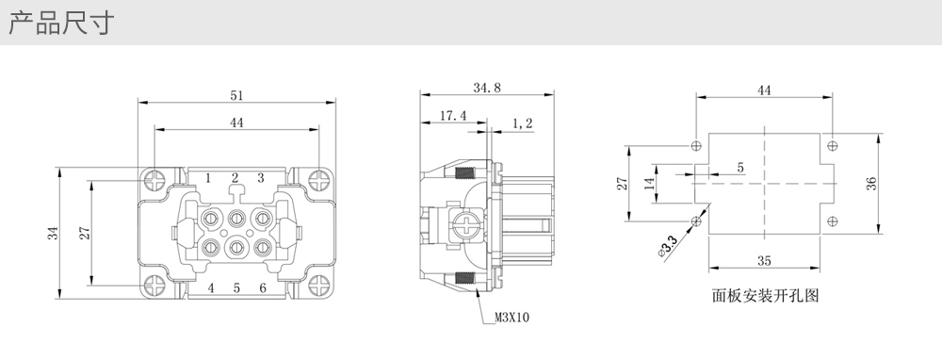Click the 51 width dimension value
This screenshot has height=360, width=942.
point(236,95)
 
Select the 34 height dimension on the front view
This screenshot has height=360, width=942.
point(54,233)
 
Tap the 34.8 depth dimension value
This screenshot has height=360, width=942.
point(487,87)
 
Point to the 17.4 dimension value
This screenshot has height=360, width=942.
point(453,115)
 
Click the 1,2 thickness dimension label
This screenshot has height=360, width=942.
point(522,123)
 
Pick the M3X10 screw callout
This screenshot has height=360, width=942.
point(512,317)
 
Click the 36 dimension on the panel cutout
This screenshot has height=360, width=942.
point(871,184)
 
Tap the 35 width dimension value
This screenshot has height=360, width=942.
point(764,261)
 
